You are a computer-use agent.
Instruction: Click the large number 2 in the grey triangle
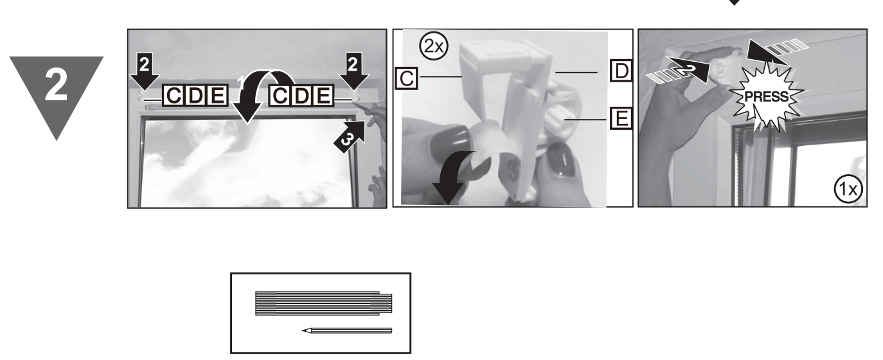(x=57, y=85)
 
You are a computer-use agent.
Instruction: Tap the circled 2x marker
(x=430, y=46)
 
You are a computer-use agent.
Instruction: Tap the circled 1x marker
(x=849, y=189)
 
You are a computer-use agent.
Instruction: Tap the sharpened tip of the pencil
(x=303, y=331)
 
